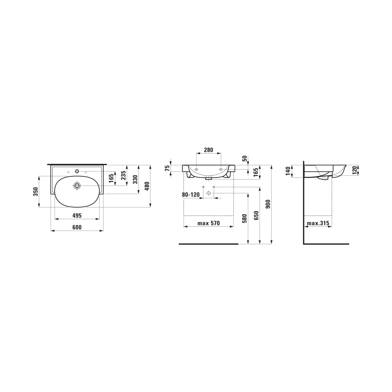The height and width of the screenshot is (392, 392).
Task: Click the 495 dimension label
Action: click(77, 215)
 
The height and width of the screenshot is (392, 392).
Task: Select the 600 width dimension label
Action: click(77, 227)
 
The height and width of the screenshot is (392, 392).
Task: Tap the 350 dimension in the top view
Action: click(36, 192)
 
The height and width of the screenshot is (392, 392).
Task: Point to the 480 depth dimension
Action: click(147, 186)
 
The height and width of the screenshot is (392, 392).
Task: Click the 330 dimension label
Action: click(136, 179)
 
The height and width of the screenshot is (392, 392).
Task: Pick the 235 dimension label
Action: click(124, 175)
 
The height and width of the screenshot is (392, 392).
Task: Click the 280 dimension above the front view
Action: click(208, 150)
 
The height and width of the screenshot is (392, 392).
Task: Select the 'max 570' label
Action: click(208, 223)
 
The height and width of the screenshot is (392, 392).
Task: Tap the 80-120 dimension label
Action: click(190, 195)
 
